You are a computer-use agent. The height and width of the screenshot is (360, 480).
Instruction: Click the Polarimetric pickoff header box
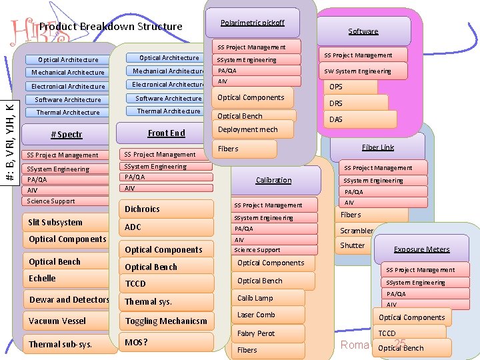point(252,23)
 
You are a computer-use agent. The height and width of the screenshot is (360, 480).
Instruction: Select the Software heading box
point(363,31)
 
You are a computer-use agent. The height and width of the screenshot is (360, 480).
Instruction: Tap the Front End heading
point(166,133)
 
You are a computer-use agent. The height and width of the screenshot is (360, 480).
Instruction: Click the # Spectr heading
point(66,135)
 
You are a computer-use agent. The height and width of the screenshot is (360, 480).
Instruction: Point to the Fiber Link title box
point(378,147)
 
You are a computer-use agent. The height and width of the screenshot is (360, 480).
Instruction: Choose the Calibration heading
point(273,180)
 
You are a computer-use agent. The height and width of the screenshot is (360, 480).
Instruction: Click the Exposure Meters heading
point(421,249)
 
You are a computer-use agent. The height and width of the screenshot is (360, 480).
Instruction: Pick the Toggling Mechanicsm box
point(167,321)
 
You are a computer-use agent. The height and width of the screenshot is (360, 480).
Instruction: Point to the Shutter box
point(353,245)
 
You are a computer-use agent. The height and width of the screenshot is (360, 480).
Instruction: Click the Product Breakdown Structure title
point(111,27)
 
